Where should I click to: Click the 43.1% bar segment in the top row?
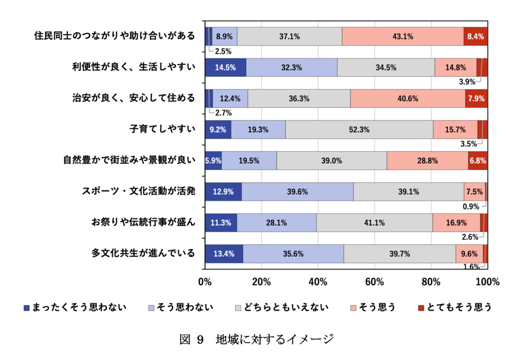403,36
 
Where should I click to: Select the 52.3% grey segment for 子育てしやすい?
359,130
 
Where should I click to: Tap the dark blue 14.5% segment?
226,68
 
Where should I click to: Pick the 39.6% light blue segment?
297,192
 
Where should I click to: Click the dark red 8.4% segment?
475,36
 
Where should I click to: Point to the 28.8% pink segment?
427,161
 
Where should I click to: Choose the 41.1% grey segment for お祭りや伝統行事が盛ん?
374,223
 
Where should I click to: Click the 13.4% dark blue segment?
224,254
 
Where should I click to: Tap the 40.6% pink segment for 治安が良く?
408,99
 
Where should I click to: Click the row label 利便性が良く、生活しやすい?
134,67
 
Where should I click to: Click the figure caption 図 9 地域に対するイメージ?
257,339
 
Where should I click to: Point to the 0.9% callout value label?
471,206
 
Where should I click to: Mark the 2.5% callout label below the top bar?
223,51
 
